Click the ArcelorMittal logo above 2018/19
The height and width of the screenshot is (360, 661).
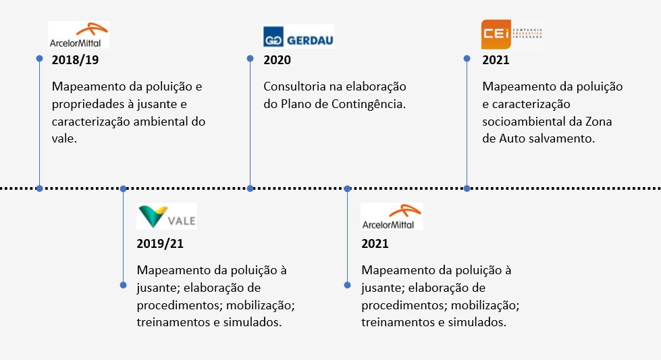[x=79, y=34]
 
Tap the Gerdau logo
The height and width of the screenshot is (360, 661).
[x=298, y=36]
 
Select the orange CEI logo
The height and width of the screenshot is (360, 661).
[x=512, y=34]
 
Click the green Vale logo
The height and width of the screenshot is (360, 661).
[x=167, y=216]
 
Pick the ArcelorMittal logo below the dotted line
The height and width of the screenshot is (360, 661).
[x=392, y=217]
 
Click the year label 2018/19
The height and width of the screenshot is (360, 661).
[x=75, y=60]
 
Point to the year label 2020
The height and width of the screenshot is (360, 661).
[x=277, y=60]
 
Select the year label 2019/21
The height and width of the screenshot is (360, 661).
[x=160, y=244]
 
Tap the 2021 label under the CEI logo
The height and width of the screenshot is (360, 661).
[x=496, y=60]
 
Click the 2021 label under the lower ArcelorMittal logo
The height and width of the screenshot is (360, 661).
[x=375, y=244]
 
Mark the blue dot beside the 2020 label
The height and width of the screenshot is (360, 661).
[x=250, y=59]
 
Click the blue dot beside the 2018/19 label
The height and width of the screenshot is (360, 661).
[x=39, y=59]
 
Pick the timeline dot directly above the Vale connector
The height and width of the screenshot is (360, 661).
[x=123, y=188]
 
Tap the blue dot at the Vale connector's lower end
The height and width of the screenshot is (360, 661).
[x=123, y=285]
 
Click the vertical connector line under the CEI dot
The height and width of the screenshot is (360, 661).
[x=467, y=124]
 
